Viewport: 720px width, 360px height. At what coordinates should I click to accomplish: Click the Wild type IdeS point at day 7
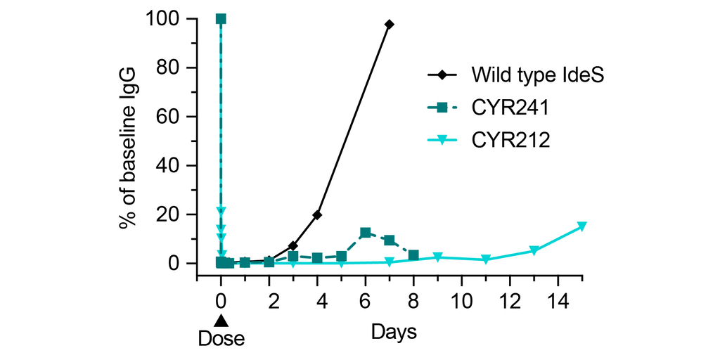pos(390,24)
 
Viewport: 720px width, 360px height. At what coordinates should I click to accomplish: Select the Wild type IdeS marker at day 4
pos(317,214)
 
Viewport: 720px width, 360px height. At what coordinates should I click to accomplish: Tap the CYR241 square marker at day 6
pos(366,233)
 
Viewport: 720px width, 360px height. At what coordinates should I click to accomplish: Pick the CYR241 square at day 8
pos(413,255)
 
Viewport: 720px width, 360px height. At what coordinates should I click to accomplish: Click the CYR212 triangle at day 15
pos(582,226)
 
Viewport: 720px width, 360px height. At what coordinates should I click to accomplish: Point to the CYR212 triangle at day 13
pos(534,251)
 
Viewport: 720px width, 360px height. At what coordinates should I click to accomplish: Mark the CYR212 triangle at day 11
pos(486,260)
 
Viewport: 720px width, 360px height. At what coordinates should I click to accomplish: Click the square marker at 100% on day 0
pos(221,18)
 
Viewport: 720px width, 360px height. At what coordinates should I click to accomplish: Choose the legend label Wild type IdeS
pos(538,74)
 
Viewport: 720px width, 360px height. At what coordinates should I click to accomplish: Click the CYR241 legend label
pos(510,107)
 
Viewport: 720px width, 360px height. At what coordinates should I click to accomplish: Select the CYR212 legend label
pos(510,140)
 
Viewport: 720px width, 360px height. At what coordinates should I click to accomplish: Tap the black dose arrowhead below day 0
pos(221,321)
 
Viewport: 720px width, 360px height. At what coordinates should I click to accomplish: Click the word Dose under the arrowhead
pos(221,339)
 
